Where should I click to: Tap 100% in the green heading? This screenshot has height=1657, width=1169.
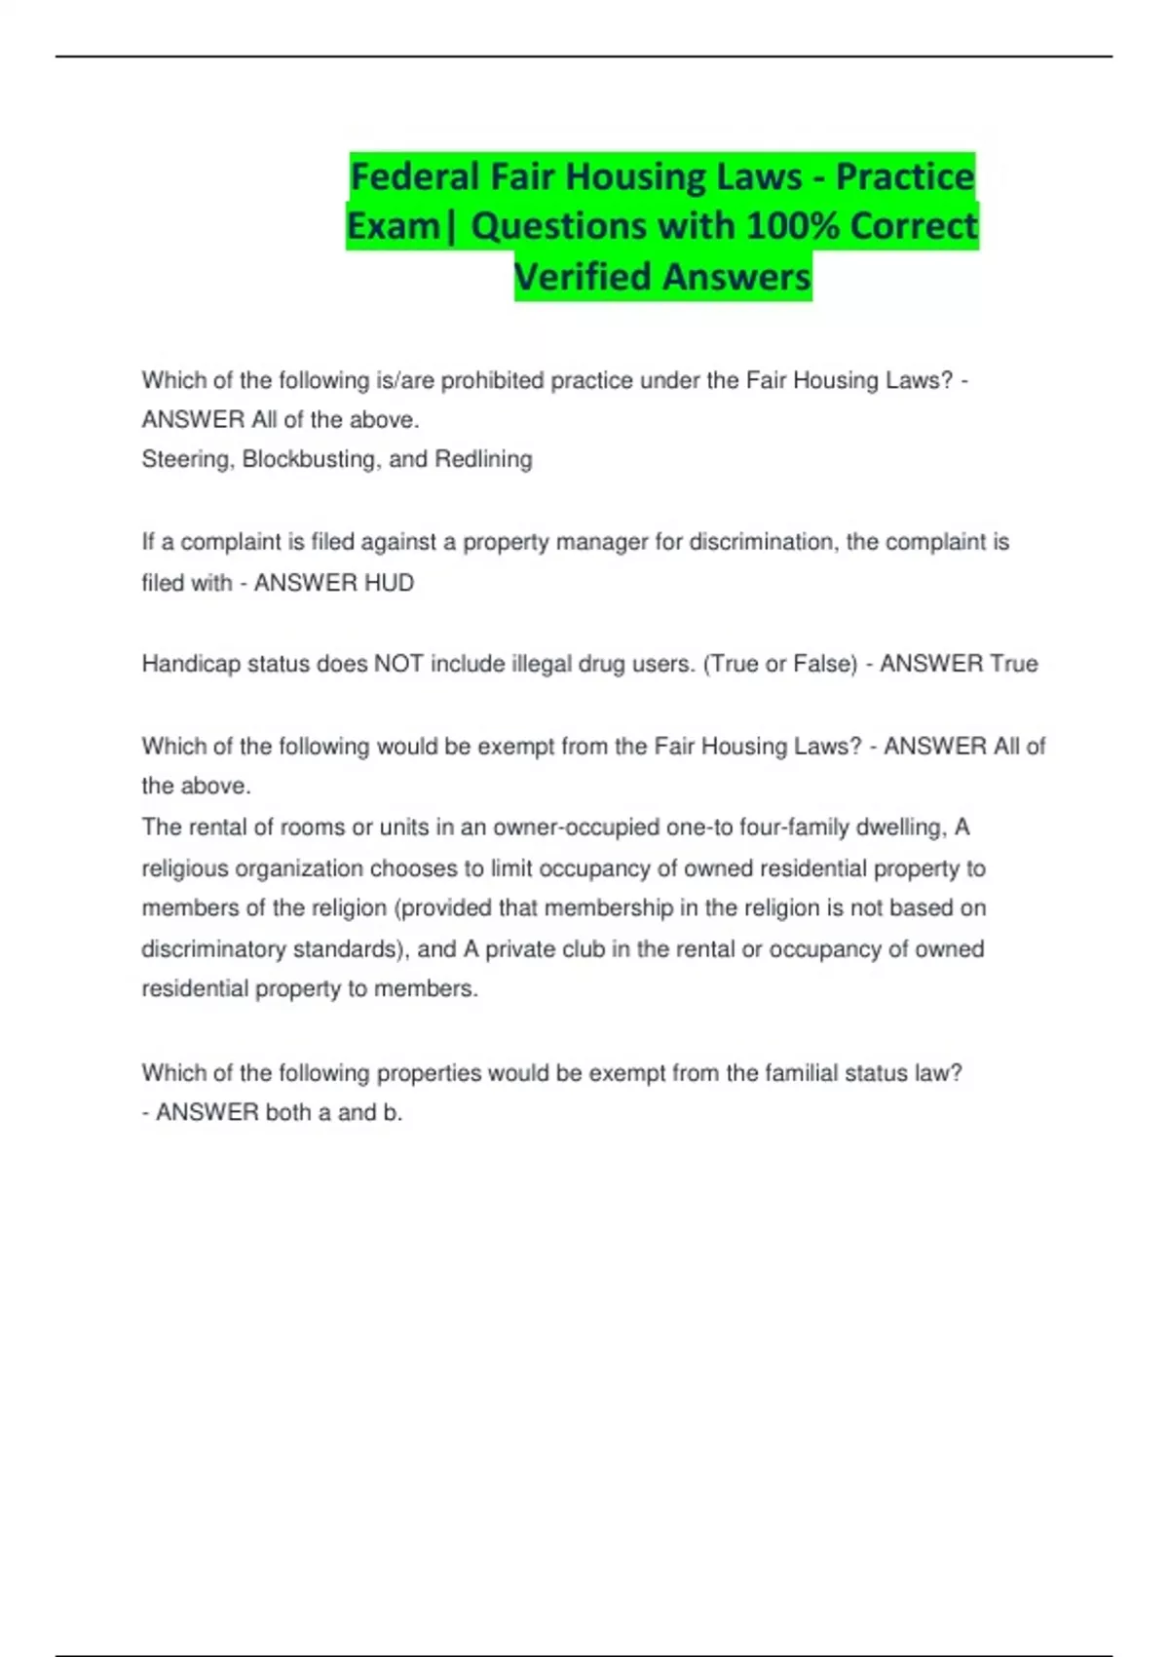click(x=789, y=226)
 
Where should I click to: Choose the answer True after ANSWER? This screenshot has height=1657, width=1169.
click(x=1014, y=664)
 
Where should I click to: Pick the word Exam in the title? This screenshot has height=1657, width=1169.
click(x=394, y=226)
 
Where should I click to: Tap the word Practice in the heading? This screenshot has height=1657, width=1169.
click(x=905, y=177)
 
